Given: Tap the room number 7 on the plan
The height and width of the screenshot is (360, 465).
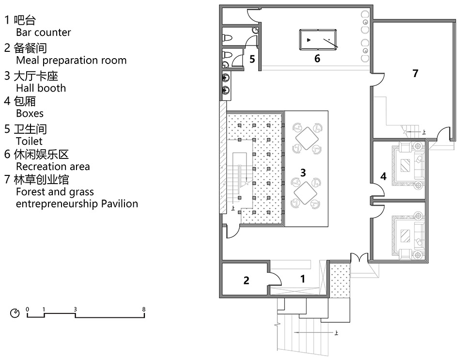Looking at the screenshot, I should (x=415, y=73).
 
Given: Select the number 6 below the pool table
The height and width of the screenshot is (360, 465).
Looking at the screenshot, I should (x=317, y=59).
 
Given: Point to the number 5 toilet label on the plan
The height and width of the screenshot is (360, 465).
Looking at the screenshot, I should (x=252, y=60).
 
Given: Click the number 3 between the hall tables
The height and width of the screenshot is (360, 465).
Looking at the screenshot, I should (x=303, y=172).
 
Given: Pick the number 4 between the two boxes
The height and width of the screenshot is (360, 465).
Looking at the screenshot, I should (x=383, y=176).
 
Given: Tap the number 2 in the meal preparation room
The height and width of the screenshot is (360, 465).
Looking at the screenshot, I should (x=246, y=280).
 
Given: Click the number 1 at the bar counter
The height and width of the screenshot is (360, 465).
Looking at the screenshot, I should (x=303, y=279).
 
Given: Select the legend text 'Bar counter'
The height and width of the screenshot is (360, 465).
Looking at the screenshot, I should (x=43, y=32).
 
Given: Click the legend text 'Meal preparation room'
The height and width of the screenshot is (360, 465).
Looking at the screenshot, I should (x=71, y=60).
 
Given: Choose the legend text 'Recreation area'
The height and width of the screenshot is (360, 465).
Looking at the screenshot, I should (x=53, y=166).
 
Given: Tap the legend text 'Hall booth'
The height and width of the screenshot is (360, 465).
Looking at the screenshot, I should (x=41, y=88).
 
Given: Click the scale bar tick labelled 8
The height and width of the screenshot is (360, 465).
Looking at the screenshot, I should (x=144, y=309).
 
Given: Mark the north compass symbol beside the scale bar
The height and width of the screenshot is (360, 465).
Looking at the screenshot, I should (x=15, y=313).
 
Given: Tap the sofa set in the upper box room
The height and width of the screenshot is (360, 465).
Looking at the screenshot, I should (x=408, y=163).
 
